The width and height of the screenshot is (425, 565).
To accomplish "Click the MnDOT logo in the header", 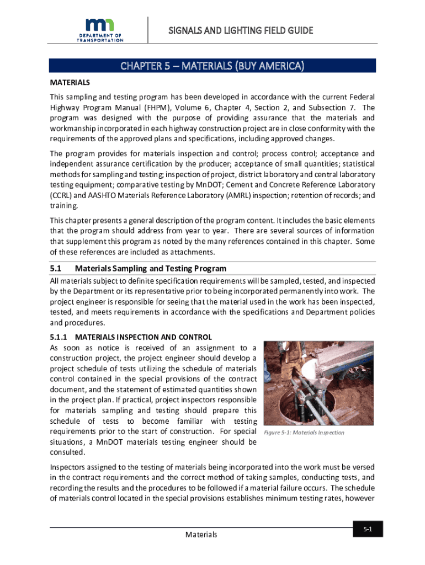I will click(100, 30).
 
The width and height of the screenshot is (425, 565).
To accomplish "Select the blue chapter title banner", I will click(212, 66).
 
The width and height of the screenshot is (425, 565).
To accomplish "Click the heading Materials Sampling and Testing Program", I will click(151, 269).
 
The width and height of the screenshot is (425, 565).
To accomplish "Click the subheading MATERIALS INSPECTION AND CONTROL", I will click(144, 337).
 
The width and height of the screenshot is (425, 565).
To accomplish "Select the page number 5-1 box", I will click(368, 530).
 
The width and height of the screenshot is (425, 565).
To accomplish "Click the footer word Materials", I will click(201, 535).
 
